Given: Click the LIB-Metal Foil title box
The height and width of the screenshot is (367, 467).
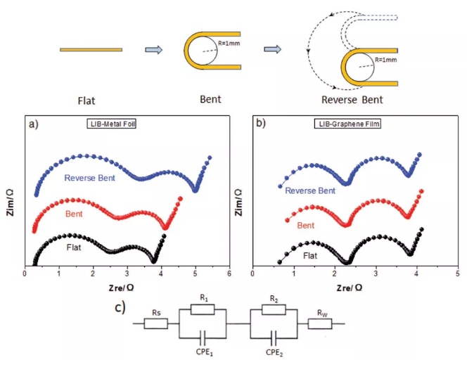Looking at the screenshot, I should coord(106,124).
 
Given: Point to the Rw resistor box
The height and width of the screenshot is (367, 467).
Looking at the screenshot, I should coord(320,324).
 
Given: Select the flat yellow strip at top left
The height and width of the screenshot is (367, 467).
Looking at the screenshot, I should coord(91,50).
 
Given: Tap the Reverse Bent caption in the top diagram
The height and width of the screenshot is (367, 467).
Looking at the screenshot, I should coord(356,100).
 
